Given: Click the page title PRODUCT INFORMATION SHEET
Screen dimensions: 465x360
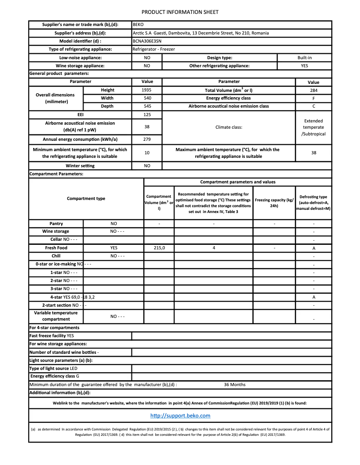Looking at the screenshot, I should point(180,12).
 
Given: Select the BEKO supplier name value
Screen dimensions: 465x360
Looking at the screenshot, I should point(138,25).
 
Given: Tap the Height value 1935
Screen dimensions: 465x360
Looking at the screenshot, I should point(146,90).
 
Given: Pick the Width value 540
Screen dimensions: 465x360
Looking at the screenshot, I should point(146,98).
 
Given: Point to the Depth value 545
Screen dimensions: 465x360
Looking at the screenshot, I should point(146,106).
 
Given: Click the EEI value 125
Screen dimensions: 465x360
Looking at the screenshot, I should point(146,115).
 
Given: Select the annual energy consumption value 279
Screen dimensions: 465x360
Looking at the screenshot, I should point(146,139).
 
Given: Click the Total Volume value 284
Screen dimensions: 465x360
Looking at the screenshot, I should point(313,90).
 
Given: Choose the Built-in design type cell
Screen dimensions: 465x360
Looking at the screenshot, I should point(304,58).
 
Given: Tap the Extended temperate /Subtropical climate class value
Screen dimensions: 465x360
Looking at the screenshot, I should point(313,127).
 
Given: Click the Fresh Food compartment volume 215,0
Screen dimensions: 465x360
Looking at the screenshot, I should point(159,248).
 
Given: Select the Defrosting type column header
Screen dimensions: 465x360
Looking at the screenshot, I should point(313,203).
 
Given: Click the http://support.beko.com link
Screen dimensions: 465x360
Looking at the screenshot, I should point(180,416).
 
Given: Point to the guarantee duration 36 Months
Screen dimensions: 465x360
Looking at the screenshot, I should point(234,385).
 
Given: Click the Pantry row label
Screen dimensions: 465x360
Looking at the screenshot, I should point(56,224).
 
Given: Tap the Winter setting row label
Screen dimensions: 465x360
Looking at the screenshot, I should point(80,166).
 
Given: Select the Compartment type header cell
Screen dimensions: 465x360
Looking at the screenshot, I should point(86,199).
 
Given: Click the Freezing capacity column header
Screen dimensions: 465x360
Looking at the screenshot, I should point(274,203).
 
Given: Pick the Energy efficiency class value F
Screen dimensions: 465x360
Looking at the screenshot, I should point(313,98).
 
